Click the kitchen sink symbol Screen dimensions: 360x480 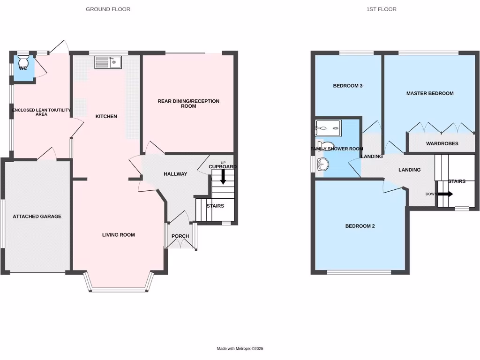point(108,62)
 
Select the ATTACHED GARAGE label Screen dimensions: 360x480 point(37,216)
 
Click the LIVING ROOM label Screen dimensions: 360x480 point(119,235)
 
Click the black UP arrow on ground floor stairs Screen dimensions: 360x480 point(223,176)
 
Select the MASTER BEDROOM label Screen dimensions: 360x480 point(430,93)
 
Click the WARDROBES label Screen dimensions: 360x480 point(442,143)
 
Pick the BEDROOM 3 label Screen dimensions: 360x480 point(348,86)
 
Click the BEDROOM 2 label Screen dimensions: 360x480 point(360,226)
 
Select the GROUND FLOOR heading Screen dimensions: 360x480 point(108,9)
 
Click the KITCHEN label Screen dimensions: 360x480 point(106,116)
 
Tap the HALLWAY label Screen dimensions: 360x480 point(175,174)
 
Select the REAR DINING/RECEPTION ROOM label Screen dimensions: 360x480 point(188,104)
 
